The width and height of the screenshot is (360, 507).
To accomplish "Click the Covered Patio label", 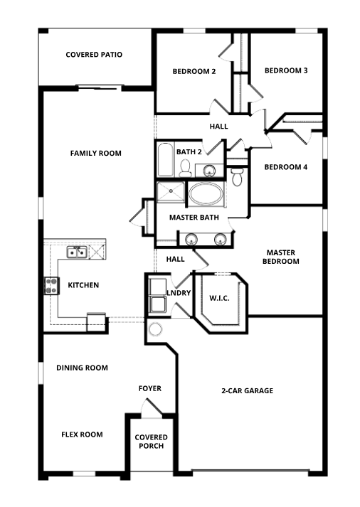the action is pos(94,55).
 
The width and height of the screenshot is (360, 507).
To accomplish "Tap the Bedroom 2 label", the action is pos(194,71).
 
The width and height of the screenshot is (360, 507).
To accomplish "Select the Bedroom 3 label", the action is pos(286,70).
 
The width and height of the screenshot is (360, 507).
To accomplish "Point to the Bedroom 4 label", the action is pos(286,167).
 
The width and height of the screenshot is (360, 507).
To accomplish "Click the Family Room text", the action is pos(96,153).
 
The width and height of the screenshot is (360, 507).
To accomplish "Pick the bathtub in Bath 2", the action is pos(166,160).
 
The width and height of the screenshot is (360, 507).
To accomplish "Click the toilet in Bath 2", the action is pos(185,168).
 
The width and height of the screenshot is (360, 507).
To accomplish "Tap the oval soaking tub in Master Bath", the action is pos(206,194).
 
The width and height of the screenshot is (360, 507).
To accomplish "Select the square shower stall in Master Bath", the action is pos(171,192).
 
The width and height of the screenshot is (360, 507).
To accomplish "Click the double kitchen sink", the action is pos(77,252).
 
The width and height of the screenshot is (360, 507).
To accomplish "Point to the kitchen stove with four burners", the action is pos(52,286).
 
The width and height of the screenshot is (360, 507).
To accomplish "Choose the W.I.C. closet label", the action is pos(219,298).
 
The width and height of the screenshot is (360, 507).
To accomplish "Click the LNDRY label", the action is pos(179,293).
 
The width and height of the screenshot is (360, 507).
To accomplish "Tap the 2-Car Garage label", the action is pos(247,390).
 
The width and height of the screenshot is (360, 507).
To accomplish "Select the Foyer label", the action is pos(149,388).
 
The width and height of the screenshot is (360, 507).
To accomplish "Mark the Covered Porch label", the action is pos(151,442).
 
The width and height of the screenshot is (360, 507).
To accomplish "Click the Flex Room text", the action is pos(82,434).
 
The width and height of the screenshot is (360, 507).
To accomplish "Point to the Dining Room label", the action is pos(82,368).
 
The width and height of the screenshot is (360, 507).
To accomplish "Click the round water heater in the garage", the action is pos(155,329).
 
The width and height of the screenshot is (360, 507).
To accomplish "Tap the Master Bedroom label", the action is pos(281,257).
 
